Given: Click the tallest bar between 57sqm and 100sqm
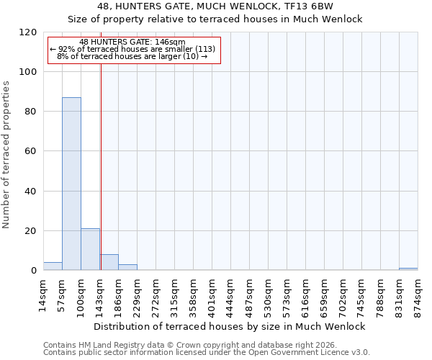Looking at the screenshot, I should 71,184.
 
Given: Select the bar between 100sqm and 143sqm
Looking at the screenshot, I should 90,249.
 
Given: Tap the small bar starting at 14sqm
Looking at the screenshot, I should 53,266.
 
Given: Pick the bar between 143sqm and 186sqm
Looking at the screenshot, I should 109,262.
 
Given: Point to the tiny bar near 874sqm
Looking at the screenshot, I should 408,269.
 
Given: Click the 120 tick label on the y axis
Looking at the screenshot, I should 28,32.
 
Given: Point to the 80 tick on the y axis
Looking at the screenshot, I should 31,112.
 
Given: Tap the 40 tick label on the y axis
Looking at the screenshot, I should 31,192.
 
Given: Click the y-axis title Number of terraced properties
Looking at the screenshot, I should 7,155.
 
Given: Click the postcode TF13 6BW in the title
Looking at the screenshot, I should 307,6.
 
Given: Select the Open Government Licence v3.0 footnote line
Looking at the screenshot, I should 207,353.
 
